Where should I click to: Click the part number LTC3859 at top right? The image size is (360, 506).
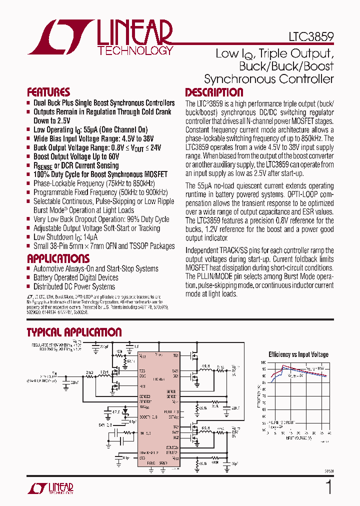tap(310, 37)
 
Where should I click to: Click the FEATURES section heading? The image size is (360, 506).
tap(48, 92)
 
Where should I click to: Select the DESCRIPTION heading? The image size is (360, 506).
tap(214, 92)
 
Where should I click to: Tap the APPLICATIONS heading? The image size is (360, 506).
tap(58, 258)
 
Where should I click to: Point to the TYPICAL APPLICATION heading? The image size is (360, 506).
tap(74, 332)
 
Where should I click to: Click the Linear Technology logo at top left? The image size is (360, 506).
tap(100, 37)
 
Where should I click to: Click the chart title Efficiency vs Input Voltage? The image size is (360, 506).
tap(298, 354)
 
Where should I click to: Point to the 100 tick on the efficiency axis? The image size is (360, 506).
tap(263, 362)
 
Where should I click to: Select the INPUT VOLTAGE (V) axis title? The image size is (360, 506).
tap(297, 438)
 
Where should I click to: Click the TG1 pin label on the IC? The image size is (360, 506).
tap(175, 355)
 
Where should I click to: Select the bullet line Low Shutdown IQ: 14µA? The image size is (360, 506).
tap(65, 237)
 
